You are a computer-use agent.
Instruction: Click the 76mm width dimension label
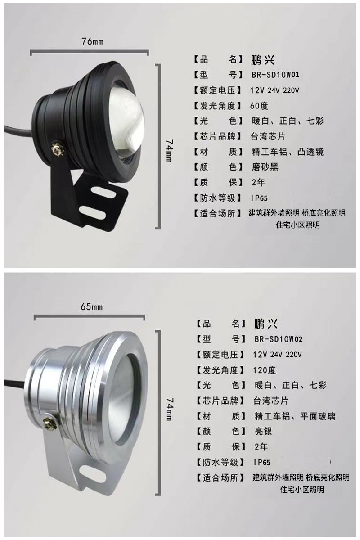tap(92, 41)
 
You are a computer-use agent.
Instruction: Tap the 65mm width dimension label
tap(91, 307)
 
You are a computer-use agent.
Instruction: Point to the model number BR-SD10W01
tap(275, 75)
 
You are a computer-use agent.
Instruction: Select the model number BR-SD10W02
tap(278, 339)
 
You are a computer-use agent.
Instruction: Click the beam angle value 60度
tap(259, 106)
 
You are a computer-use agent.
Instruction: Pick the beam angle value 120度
tap(264, 370)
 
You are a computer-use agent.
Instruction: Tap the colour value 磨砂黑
tap(265, 167)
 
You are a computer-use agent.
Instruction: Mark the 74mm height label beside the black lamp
tap(169, 151)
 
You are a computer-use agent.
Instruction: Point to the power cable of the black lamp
tap(18, 130)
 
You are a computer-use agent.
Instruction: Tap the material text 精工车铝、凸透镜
tap(288, 152)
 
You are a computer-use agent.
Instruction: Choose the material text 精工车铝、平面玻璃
tap(295, 416)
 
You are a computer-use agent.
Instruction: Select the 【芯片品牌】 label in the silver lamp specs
tap(220, 400)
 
